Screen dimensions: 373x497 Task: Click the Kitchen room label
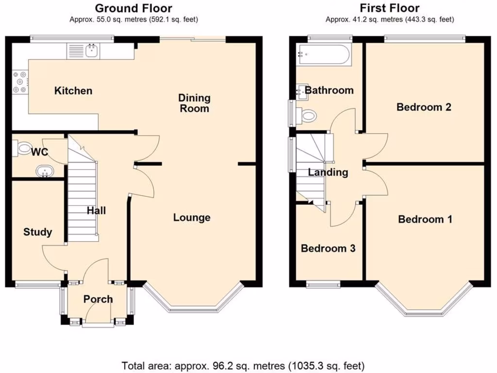[73, 91]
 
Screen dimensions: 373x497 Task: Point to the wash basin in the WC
[45, 171]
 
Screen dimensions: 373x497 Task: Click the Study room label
[37, 232]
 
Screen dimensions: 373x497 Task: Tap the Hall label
[96, 211]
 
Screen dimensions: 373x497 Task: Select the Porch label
[98, 299]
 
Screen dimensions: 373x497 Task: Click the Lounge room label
[192, 218]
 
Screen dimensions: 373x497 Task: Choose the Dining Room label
[194, 103]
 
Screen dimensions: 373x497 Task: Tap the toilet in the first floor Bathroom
[307, 116]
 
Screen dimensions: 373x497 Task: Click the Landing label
[328, 172]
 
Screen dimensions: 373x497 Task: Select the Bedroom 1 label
[425, 220]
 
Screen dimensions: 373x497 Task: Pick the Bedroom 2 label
[424, 107]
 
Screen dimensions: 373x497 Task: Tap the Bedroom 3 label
[328, 249]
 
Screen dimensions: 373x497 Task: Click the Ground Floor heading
[133, 8]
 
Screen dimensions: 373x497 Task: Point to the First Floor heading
[390, 8]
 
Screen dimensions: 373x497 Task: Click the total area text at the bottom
[243, 364]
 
